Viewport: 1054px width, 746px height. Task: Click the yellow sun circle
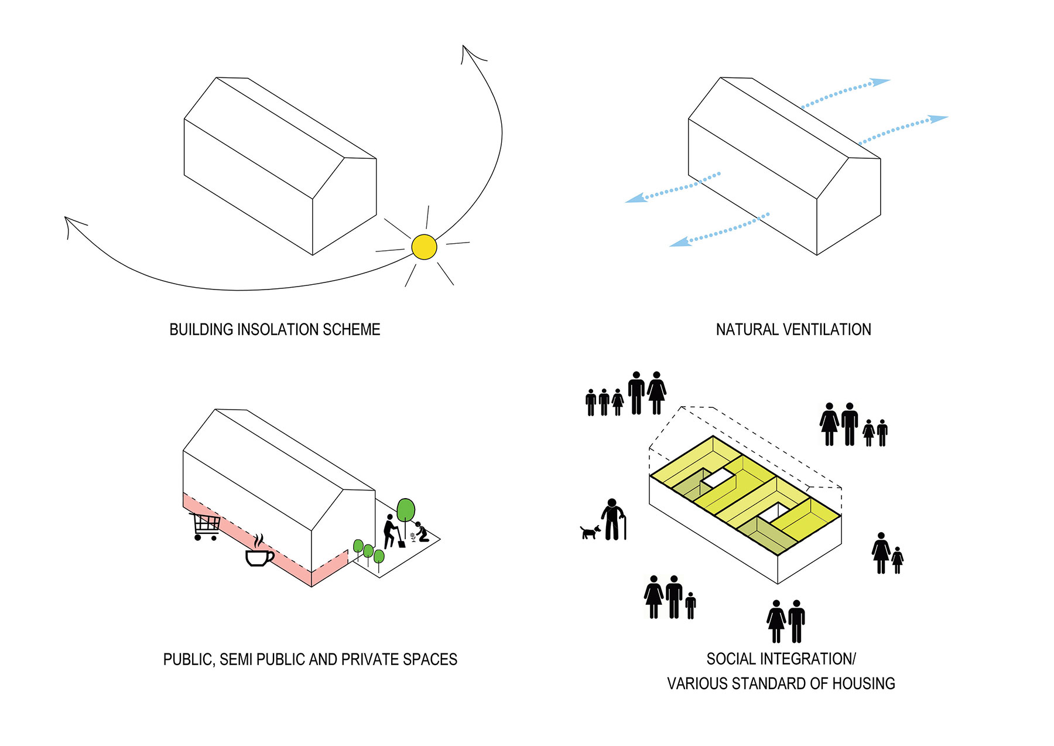coord(424,247)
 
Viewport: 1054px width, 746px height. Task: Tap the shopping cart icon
coord(205,526)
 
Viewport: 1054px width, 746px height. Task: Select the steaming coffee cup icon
coord(259,553)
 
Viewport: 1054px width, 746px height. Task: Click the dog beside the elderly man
coord(590,532)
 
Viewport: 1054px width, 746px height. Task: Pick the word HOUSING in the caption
coord(864,684)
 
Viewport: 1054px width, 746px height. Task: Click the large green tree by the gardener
coord(405,510)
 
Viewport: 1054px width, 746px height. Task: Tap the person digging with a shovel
coord(391,531)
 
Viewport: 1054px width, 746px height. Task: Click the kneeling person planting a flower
coord(420,532)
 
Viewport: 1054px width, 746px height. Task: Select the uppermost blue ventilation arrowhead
coord(880,82)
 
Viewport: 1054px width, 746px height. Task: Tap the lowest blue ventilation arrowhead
coord(679,241)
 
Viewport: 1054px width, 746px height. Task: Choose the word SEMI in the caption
coord(235,660)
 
